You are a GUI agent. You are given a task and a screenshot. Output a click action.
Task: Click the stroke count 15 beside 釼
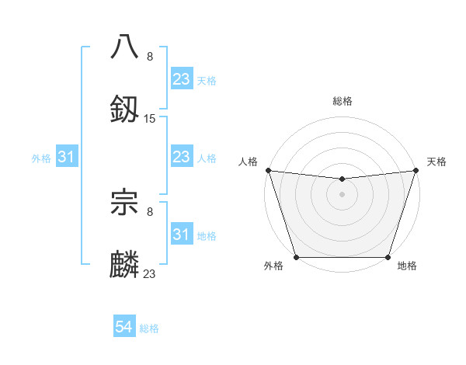tap(150, 118)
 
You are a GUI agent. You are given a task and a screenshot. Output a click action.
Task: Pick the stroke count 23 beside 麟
tap(150, 273)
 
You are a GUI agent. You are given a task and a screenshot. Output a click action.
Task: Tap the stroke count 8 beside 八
tap(150, 56)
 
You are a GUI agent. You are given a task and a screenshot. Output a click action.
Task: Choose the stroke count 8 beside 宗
tap(150, 210)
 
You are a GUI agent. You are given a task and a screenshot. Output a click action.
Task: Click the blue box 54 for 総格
tap(124, 328)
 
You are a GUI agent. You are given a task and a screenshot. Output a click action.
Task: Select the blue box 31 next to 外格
tap(66, 158)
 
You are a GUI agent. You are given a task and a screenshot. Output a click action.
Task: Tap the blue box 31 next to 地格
tap(181, 235)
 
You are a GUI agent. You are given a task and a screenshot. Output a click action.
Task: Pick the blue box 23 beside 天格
tap(181, 79)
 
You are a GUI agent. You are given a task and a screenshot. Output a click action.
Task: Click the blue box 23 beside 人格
tap(181, 158)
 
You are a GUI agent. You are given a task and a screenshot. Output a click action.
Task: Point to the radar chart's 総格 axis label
tap(342, 101)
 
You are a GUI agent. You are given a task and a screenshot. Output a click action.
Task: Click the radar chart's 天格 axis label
tap(436, 162)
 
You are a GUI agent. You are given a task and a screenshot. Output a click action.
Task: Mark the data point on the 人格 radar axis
tap(268, 170)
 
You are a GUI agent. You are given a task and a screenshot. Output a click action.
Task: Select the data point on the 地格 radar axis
tap(388, 257)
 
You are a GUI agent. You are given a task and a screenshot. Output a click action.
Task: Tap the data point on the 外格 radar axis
tap(296, 257)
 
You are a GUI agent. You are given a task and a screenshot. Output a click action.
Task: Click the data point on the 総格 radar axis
tap(342, 179)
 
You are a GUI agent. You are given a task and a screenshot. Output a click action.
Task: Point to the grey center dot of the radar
tap(342, 194)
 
